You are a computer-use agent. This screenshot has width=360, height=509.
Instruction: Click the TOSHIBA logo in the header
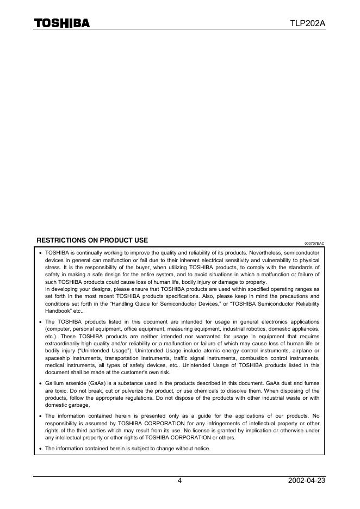click(x=62, y=23)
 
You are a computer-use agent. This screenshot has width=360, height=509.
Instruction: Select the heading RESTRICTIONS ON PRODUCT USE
click(x=92, y=240)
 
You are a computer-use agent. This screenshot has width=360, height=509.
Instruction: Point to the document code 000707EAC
click(x=314, y=243)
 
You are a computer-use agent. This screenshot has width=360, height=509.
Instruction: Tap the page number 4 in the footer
click(x=179, y=481)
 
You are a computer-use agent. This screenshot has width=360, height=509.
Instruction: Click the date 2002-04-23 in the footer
click(x=307, y=481)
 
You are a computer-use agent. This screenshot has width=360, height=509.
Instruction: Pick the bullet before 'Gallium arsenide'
click(x=40, y=383)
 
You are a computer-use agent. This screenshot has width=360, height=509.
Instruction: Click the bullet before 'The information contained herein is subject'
click(x=40, y=449)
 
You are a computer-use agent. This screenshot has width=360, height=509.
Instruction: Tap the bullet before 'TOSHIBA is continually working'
click(x=40, y=253)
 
